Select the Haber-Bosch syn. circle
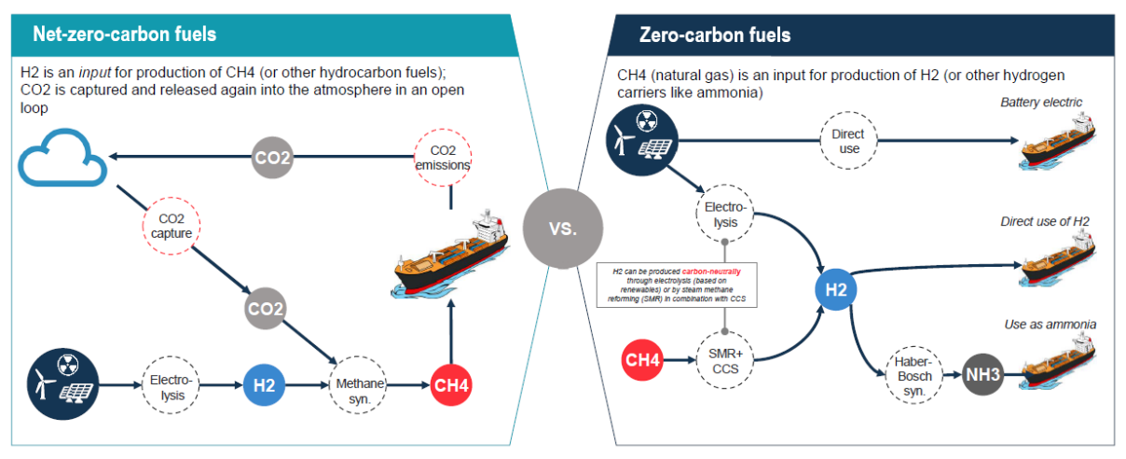click(909, 376)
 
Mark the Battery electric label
click(1041, 102)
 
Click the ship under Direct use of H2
click(1059, 260)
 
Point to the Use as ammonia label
click(1050, 325)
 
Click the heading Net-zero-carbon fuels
click(124, 35)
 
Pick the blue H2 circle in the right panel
click(836, 289)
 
